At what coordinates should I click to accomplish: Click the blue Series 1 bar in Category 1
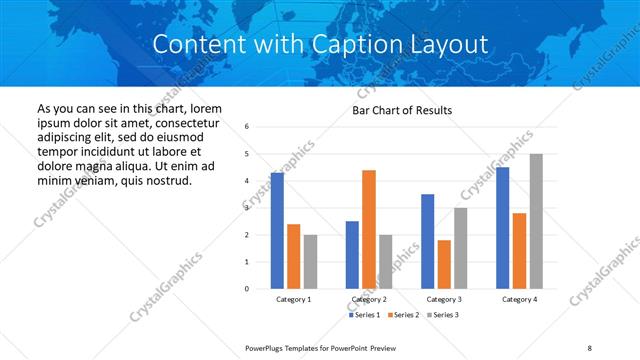[x=277, y=230]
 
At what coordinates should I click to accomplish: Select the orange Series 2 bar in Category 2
[x=368, y=229]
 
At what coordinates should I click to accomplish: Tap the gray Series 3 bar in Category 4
[x=535, y=221]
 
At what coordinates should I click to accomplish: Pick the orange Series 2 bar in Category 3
[x=443, y=264]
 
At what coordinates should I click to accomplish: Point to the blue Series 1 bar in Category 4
[x=502, y=228]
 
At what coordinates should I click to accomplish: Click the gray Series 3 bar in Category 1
[x=310, y=261]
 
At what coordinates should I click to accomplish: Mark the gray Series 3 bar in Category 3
[x=460, y=248]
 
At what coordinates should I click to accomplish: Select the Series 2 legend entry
[x=402, y=315]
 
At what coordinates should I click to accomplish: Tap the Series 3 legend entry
[x=442, y=315]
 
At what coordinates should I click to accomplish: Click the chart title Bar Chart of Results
[x=402, y=110]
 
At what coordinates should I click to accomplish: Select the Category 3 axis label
[x=443, y=299]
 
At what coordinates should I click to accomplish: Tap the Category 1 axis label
[x=293, y=299]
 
